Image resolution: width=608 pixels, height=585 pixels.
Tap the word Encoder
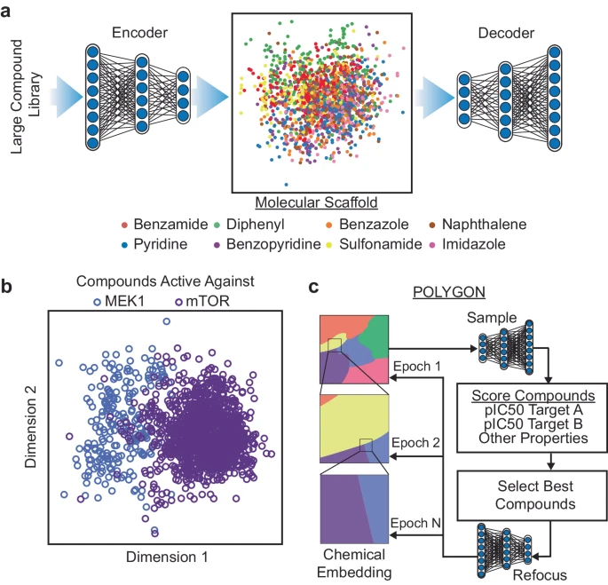pos(140,34)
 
